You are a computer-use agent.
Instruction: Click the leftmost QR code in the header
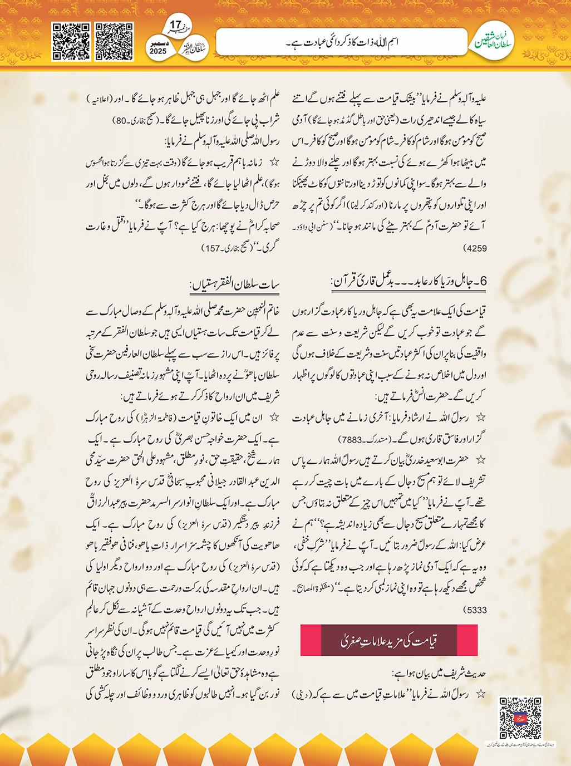tap(71, 41)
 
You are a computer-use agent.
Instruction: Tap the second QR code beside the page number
tap(114, 41)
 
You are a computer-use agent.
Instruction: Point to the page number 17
tap(175, 25)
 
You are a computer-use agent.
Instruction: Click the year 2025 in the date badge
tap(158, 51)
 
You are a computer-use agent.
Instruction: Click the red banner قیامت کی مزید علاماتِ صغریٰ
tap(388, 640)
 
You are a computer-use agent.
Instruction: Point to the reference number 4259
tap(475, 248)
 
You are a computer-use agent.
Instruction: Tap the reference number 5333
tap(475, 610)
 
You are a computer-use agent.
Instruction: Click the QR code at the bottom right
tap(520, 718)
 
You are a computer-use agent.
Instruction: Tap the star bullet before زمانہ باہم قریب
tap(273, 163)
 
